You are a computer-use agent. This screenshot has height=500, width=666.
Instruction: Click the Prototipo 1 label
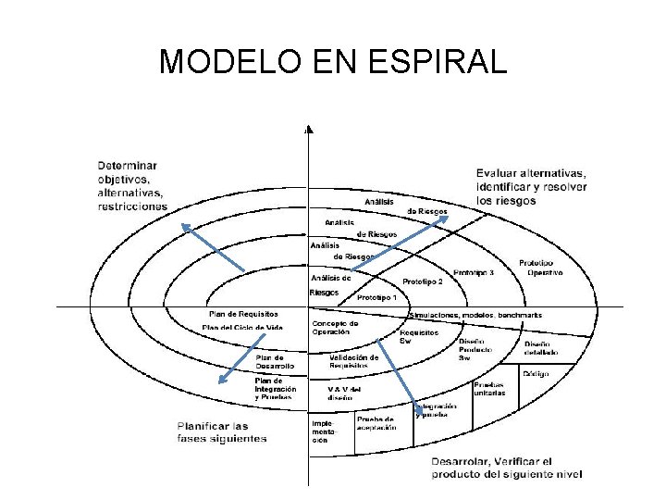(x=376, y=297)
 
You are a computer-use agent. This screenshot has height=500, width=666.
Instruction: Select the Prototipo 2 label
(x=423, y=281)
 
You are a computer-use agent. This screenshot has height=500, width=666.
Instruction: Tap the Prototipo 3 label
(x=473, y=272)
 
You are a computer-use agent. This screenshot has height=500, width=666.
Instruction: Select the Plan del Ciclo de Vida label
(x=242, y=327)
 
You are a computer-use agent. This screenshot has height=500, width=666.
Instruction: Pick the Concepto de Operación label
(x=335, y=328)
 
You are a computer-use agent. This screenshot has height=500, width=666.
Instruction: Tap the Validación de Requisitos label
(x=353, y=361)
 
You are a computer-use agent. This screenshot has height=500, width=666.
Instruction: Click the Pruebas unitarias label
(x=489, y=389)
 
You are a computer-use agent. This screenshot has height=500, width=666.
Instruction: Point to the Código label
(x=536, y=373)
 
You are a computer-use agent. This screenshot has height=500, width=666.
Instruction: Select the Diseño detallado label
(x=541, y=347)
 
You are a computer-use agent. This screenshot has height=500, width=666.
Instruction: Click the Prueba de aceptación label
(x=376, y=422)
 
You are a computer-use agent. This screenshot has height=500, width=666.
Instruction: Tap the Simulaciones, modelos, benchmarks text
(x=475, y=316)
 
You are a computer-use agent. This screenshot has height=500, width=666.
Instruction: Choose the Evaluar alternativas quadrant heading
(x=531, y=186)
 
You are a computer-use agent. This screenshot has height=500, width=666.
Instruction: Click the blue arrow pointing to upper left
(x=212, y=247)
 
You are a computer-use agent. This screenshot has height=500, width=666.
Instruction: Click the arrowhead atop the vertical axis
(x=309, y=130)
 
